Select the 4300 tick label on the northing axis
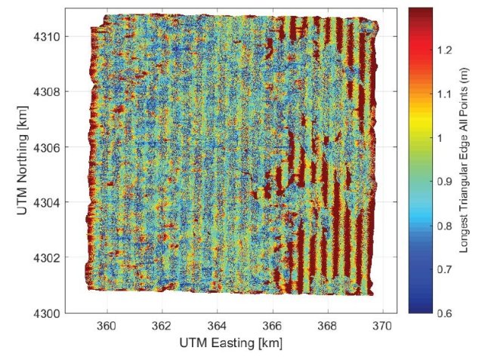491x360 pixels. (x=48, y=312)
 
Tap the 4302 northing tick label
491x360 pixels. (x=48, y=257)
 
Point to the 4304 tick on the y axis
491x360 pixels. (x=48, y=202)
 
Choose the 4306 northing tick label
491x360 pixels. (x=48, y=147)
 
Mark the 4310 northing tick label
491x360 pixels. (x=48, y=36)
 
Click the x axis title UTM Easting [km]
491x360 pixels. (x=231, y=343)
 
